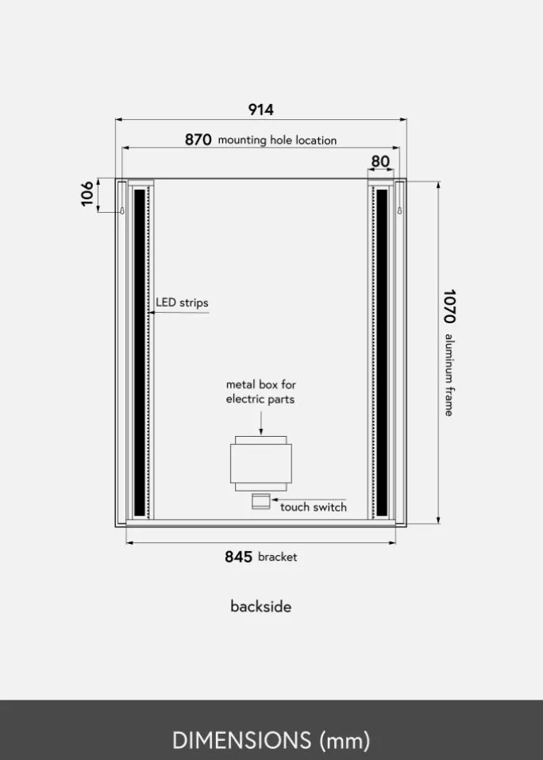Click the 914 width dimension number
click(x=260, y=110)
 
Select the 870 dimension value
click(x=198, y=140)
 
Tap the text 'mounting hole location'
click(x=277, y=140)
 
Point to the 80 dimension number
click(x=380, y=161)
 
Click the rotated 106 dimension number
click(x=87, y=194)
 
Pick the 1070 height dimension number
click(x=449, y=307)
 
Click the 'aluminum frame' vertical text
click(x=449, y=375)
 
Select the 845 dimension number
click(x=238, y=557)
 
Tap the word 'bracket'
click(x=278, y=557)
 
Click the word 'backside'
click(x=261, y=607)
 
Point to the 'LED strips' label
click(x=182, y=303)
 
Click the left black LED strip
click(x=140, y=353)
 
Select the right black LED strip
click(x=382, y=353)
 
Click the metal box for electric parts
click(x=261, y=463)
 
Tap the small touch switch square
click(x=260, y=501)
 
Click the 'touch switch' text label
click(x=314, y=507)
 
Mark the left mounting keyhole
click(x=122, y=210)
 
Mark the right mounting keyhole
click(x=399, y=210)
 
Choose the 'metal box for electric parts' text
click(x=260, y=392)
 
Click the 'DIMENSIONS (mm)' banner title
click(x=271, y=740)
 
